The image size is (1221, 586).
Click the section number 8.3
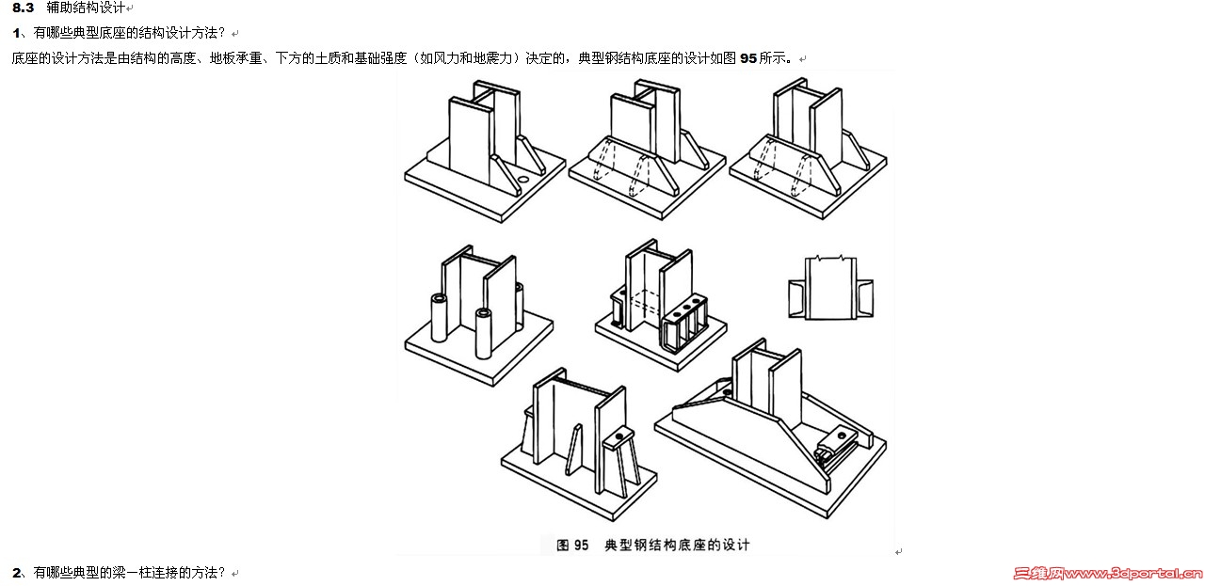click(x=23, y=8)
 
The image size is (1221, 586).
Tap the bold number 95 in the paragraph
click(x=748, y=58)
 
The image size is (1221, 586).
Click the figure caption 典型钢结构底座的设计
click(x=676, y=545)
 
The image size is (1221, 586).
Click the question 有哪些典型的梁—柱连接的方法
click(x=130, y=572)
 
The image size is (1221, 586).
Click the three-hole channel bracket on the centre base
click(x=683, y=315)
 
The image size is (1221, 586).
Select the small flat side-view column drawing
click(x=829, y=287)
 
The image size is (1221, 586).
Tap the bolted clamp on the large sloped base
click(x=839, y=442)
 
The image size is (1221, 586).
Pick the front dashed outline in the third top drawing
click(x=805, y=167)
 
